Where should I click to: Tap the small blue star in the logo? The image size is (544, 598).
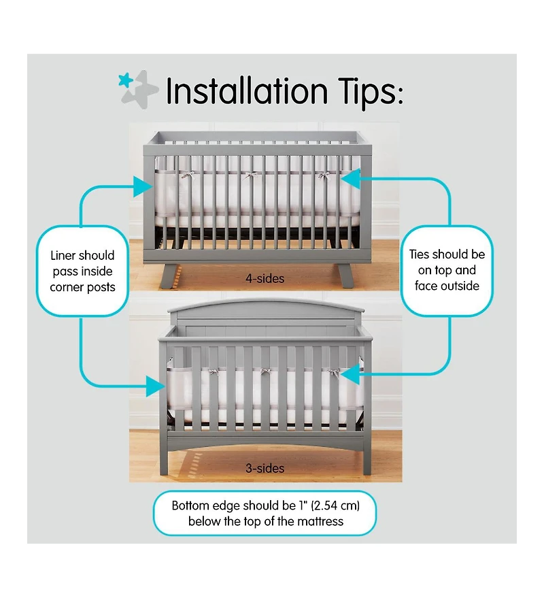click(125, 80)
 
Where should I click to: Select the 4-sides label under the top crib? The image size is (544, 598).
click(265, 278)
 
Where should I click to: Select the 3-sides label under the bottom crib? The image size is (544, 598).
click(265, 468)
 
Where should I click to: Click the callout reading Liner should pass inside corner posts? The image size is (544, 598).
click(82, 271)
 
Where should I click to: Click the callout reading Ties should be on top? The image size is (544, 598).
click(447, 270)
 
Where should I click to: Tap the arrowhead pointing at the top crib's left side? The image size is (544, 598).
click(143, 186)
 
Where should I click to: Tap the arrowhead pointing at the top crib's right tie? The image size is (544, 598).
click(351, 179)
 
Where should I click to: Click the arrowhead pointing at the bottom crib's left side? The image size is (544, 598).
click(156, 386)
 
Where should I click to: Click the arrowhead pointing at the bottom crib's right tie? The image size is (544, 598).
click(350, 373)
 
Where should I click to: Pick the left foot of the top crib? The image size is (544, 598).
click(169, 276)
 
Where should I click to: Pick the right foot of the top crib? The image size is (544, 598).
click(345, 276)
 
